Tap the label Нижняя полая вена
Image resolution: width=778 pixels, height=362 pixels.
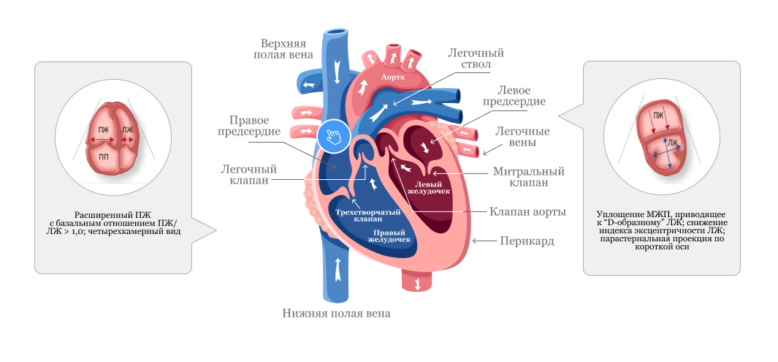click(x=336, y=314)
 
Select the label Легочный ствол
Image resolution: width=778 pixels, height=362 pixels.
click(x=476, y=59)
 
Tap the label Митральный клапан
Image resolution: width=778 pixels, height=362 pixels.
click(x=529, y=177)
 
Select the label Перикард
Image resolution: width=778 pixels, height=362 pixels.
click(x=527, y=241)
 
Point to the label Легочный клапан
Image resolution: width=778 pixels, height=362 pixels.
click(x=248, y=174)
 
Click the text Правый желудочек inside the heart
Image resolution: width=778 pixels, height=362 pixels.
click(x=389, y=234)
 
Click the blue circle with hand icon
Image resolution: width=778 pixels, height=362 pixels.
click(x=333, y=135)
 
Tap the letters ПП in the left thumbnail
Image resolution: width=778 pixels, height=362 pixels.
click(x=104, y=157)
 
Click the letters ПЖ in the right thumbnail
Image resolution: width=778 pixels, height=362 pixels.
click(x=659, y=115)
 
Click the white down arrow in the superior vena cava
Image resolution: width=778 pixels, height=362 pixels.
click(x=337, y=70)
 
